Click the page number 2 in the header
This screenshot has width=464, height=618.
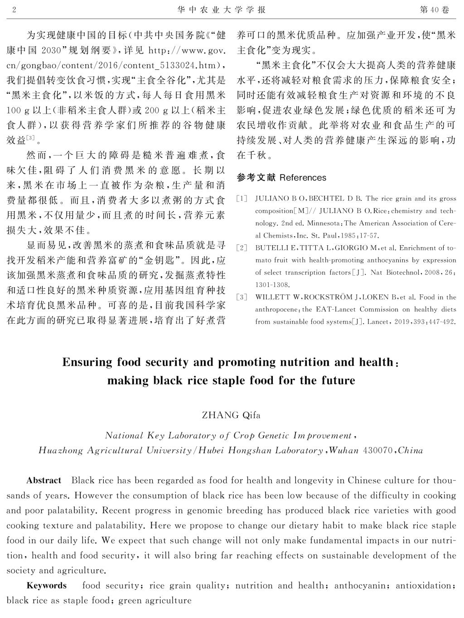click(x=14, y=10)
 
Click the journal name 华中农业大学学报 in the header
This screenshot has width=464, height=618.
click(x=222, y=10)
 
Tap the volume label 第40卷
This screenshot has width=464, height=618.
click(x=435, y=10)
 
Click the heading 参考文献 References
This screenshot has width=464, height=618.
click(x=281, y=177)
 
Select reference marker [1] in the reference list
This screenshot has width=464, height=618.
click(x=242, y=199)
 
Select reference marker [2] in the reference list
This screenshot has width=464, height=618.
click(x=242, y=248)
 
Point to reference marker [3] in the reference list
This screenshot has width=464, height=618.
click(x=242, y=297)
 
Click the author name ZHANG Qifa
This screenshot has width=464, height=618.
click(x=231, y=415)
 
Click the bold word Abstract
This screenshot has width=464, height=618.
click(x=43, y=480)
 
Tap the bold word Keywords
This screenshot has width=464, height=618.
click(x=47, y=585)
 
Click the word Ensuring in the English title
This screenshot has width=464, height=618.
click(x=87, y=362)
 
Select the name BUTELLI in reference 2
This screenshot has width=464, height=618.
click(x=271, y=248)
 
